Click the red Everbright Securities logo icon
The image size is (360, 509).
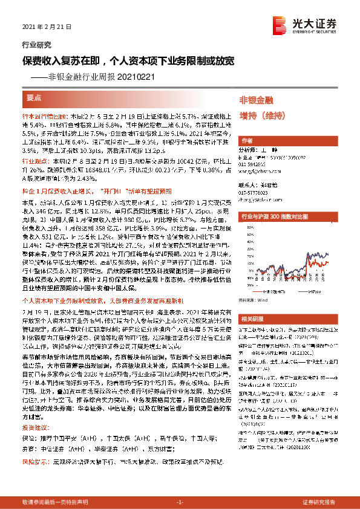click(x=279, y=24)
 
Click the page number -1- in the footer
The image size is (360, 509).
click(x=179, y=502)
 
